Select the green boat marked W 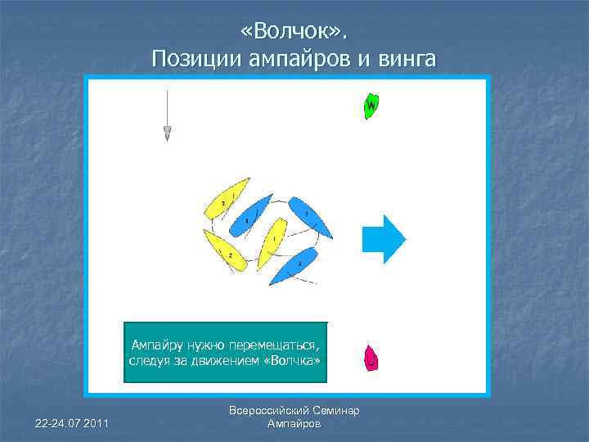[370, 106]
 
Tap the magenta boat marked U [371, 358]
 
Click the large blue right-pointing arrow [384, 238]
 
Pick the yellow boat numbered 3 [227, 201]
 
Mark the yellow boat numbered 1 [271, 243]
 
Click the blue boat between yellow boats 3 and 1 [250, 215]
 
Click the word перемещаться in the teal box [273, 346]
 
